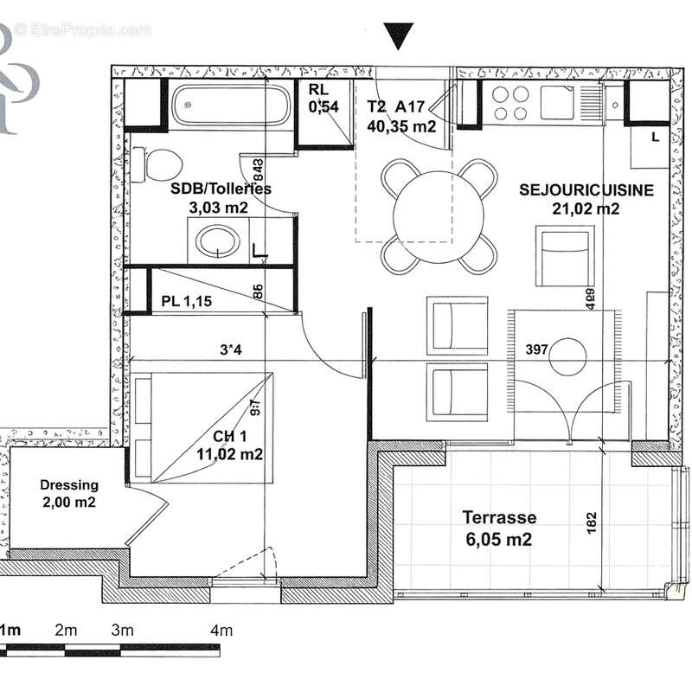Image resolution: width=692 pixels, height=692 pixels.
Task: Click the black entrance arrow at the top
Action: point(400,36)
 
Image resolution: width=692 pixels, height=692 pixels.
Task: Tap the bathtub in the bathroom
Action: point(231,106)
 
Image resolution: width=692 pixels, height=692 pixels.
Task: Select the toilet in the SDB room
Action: point(163,163)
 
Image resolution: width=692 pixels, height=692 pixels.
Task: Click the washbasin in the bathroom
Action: point(217,241)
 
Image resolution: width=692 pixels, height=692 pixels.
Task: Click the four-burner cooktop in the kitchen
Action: point(509,103)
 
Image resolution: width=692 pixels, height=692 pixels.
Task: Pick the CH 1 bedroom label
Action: point(226,445)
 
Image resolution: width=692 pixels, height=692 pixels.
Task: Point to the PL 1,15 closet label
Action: point(186,302)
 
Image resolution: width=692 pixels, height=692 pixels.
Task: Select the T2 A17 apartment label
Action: point(400,116)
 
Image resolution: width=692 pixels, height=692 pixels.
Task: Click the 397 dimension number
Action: point(537,349)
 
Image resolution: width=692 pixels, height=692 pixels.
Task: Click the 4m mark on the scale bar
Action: point(221,631)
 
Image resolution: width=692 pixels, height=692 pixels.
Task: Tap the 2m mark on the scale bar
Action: point(67,631)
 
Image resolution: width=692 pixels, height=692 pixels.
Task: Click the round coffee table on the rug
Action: point(568,356)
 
